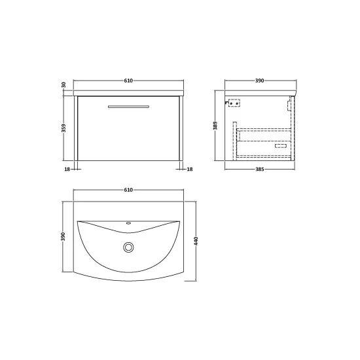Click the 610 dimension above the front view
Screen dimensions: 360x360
click(128, 81)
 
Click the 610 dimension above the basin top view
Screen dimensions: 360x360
click(128, 190)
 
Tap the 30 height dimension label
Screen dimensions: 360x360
click(64, 85)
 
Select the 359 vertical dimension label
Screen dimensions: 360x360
click(64, 128)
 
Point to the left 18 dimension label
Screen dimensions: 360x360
click(67, 170)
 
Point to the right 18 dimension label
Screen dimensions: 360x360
click(190, 170)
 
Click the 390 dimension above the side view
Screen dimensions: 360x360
click(260, 81)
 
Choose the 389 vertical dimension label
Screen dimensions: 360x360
click(215, 126)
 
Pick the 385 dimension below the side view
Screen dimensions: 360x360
click(260, 170)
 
